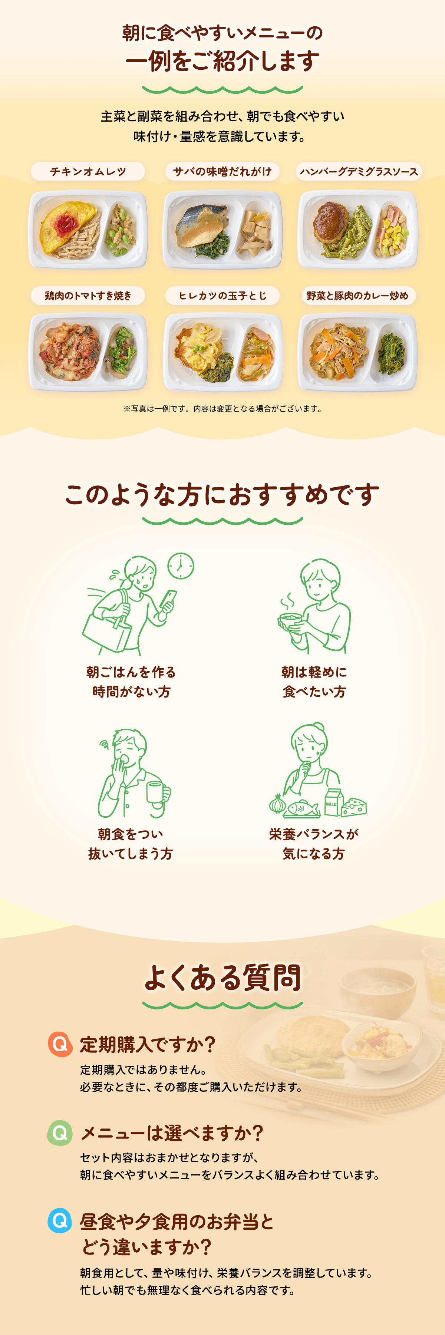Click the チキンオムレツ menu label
(88, 172)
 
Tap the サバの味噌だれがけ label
(222, 172)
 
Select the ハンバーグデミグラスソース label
(359, 172)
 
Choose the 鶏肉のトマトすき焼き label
(88, 296)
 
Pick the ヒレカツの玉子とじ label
(222, 296)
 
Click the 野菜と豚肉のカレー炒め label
(357, 296)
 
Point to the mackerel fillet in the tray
(202, 224)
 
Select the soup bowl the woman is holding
(291, 620)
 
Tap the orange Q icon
(60, 1044)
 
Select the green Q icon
(60, 1133)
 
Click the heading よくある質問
(222, 978)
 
